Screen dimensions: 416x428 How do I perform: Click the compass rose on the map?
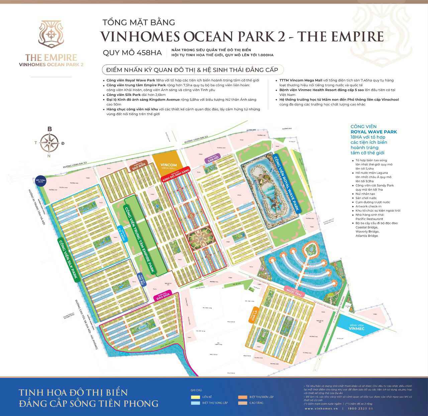coord(49,142)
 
